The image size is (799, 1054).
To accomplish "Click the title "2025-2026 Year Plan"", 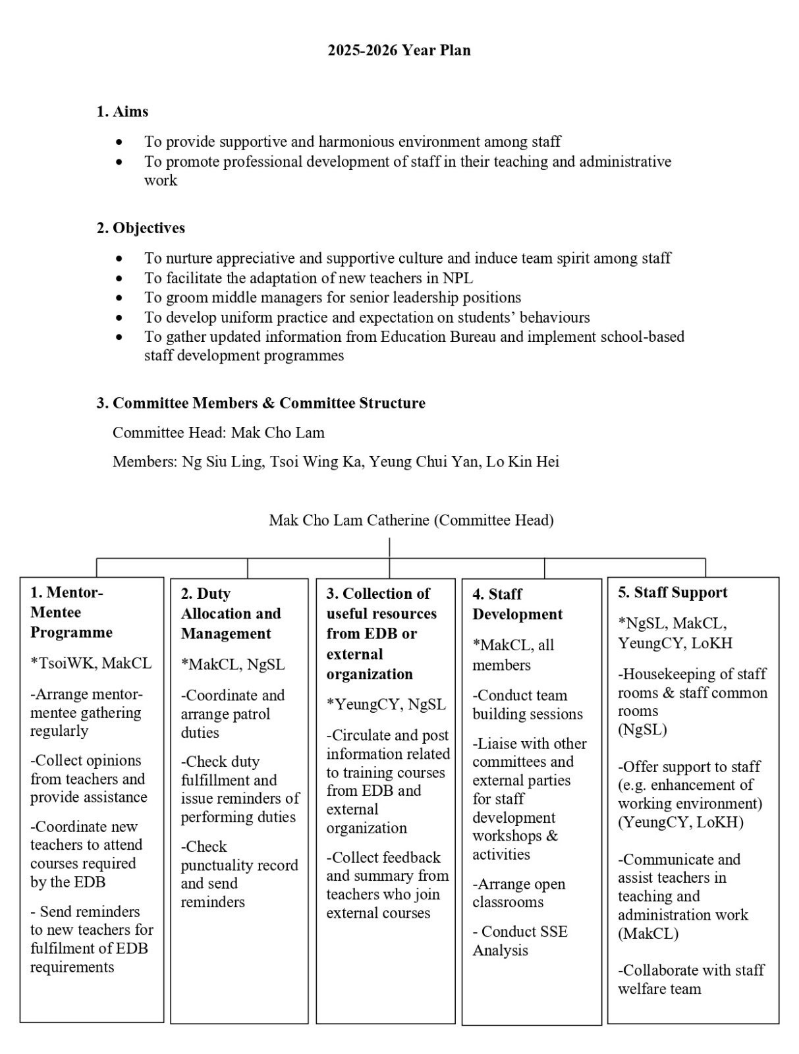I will click(399, 51).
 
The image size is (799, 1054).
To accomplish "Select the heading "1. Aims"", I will click(123, 112).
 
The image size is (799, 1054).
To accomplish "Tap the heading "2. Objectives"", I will click(141, 229).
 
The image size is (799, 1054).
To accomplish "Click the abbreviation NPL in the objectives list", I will click(458, 278).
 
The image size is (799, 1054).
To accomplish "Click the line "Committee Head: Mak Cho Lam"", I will click(219, 433).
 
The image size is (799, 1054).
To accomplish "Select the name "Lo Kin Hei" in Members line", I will click(522, 462).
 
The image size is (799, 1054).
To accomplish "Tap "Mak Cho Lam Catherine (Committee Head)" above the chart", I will click(411, 520).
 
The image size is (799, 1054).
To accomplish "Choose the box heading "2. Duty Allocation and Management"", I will click(231, 614).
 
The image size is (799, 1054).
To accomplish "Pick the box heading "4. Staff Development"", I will click(517, 604).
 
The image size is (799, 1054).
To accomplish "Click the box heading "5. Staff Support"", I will click(673, 592).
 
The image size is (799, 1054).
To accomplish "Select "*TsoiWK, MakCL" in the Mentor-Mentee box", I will click(91, 663).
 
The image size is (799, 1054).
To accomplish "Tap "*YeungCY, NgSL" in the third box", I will click(386, 704).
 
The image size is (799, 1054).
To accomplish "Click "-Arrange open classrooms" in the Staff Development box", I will click(518, 893).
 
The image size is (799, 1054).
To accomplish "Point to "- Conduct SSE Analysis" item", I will click(519, 941).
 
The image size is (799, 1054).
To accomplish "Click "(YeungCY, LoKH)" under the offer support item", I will click(680, 822).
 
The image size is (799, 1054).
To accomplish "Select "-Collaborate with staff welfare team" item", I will click(690, 980).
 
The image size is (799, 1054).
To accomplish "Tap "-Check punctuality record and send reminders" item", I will click(239, 874).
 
